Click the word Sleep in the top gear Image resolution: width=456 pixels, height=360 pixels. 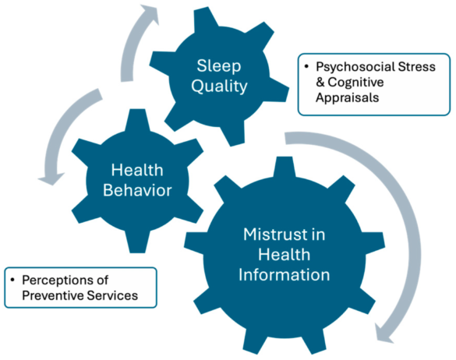(219, 66)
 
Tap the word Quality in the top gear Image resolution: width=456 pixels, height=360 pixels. (219, 86)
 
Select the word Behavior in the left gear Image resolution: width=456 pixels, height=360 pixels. (137, 190)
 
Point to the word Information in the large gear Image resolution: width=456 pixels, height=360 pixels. (285, 275)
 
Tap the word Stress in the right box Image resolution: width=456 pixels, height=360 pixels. (416, 66)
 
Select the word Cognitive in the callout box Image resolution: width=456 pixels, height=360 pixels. (355, 83)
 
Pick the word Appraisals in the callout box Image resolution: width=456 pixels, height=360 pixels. (348, 97)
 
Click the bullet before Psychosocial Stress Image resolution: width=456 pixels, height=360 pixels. (306, 67)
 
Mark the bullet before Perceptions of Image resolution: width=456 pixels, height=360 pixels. (12, 280)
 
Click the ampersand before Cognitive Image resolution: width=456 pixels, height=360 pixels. (320, 83)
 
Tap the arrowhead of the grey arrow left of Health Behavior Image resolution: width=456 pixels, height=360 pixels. (51, 178)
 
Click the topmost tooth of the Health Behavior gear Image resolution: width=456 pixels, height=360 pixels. (137, 120)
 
